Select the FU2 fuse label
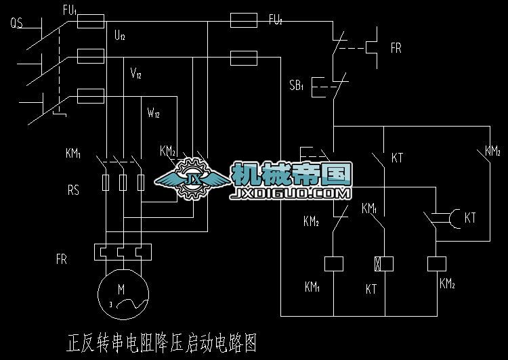(275, 20)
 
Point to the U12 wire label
(120, 36)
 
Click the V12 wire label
(136, 74)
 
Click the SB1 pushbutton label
(297, 85)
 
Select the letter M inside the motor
(121, 289)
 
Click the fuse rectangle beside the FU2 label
(244, 21)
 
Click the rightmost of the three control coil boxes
(435, 263)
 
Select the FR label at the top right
(396, 49)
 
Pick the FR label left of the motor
(62, 259)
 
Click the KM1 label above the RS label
(73, 154)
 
